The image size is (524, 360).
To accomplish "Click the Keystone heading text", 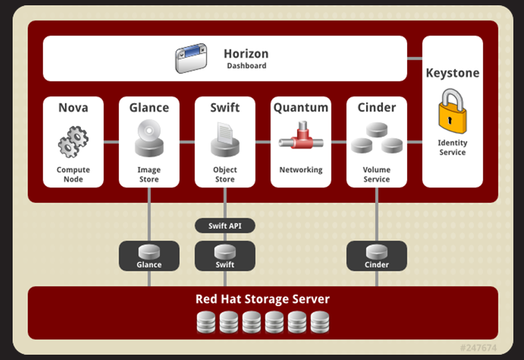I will click(452, 73).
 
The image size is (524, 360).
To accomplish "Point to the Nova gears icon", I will click(73, 141).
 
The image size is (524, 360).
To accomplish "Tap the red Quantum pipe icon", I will click(301, 138).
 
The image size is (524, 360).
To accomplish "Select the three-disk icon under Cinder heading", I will click(377, 137).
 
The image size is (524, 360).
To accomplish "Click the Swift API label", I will click(224, 226).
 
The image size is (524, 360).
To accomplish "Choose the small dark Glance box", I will click(149, 256).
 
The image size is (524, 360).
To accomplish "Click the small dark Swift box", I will click(224, 256).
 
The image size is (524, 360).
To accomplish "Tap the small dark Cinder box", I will click(377, 256).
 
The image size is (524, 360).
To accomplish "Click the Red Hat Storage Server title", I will click(262, 299).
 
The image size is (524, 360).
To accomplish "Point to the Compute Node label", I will click(73, 174).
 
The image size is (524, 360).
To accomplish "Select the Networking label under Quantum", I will click(301, 170).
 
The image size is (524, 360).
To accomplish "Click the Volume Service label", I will click(377, 174).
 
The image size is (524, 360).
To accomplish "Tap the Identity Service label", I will click(452, 147).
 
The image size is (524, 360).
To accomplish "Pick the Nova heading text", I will click(73, 108).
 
